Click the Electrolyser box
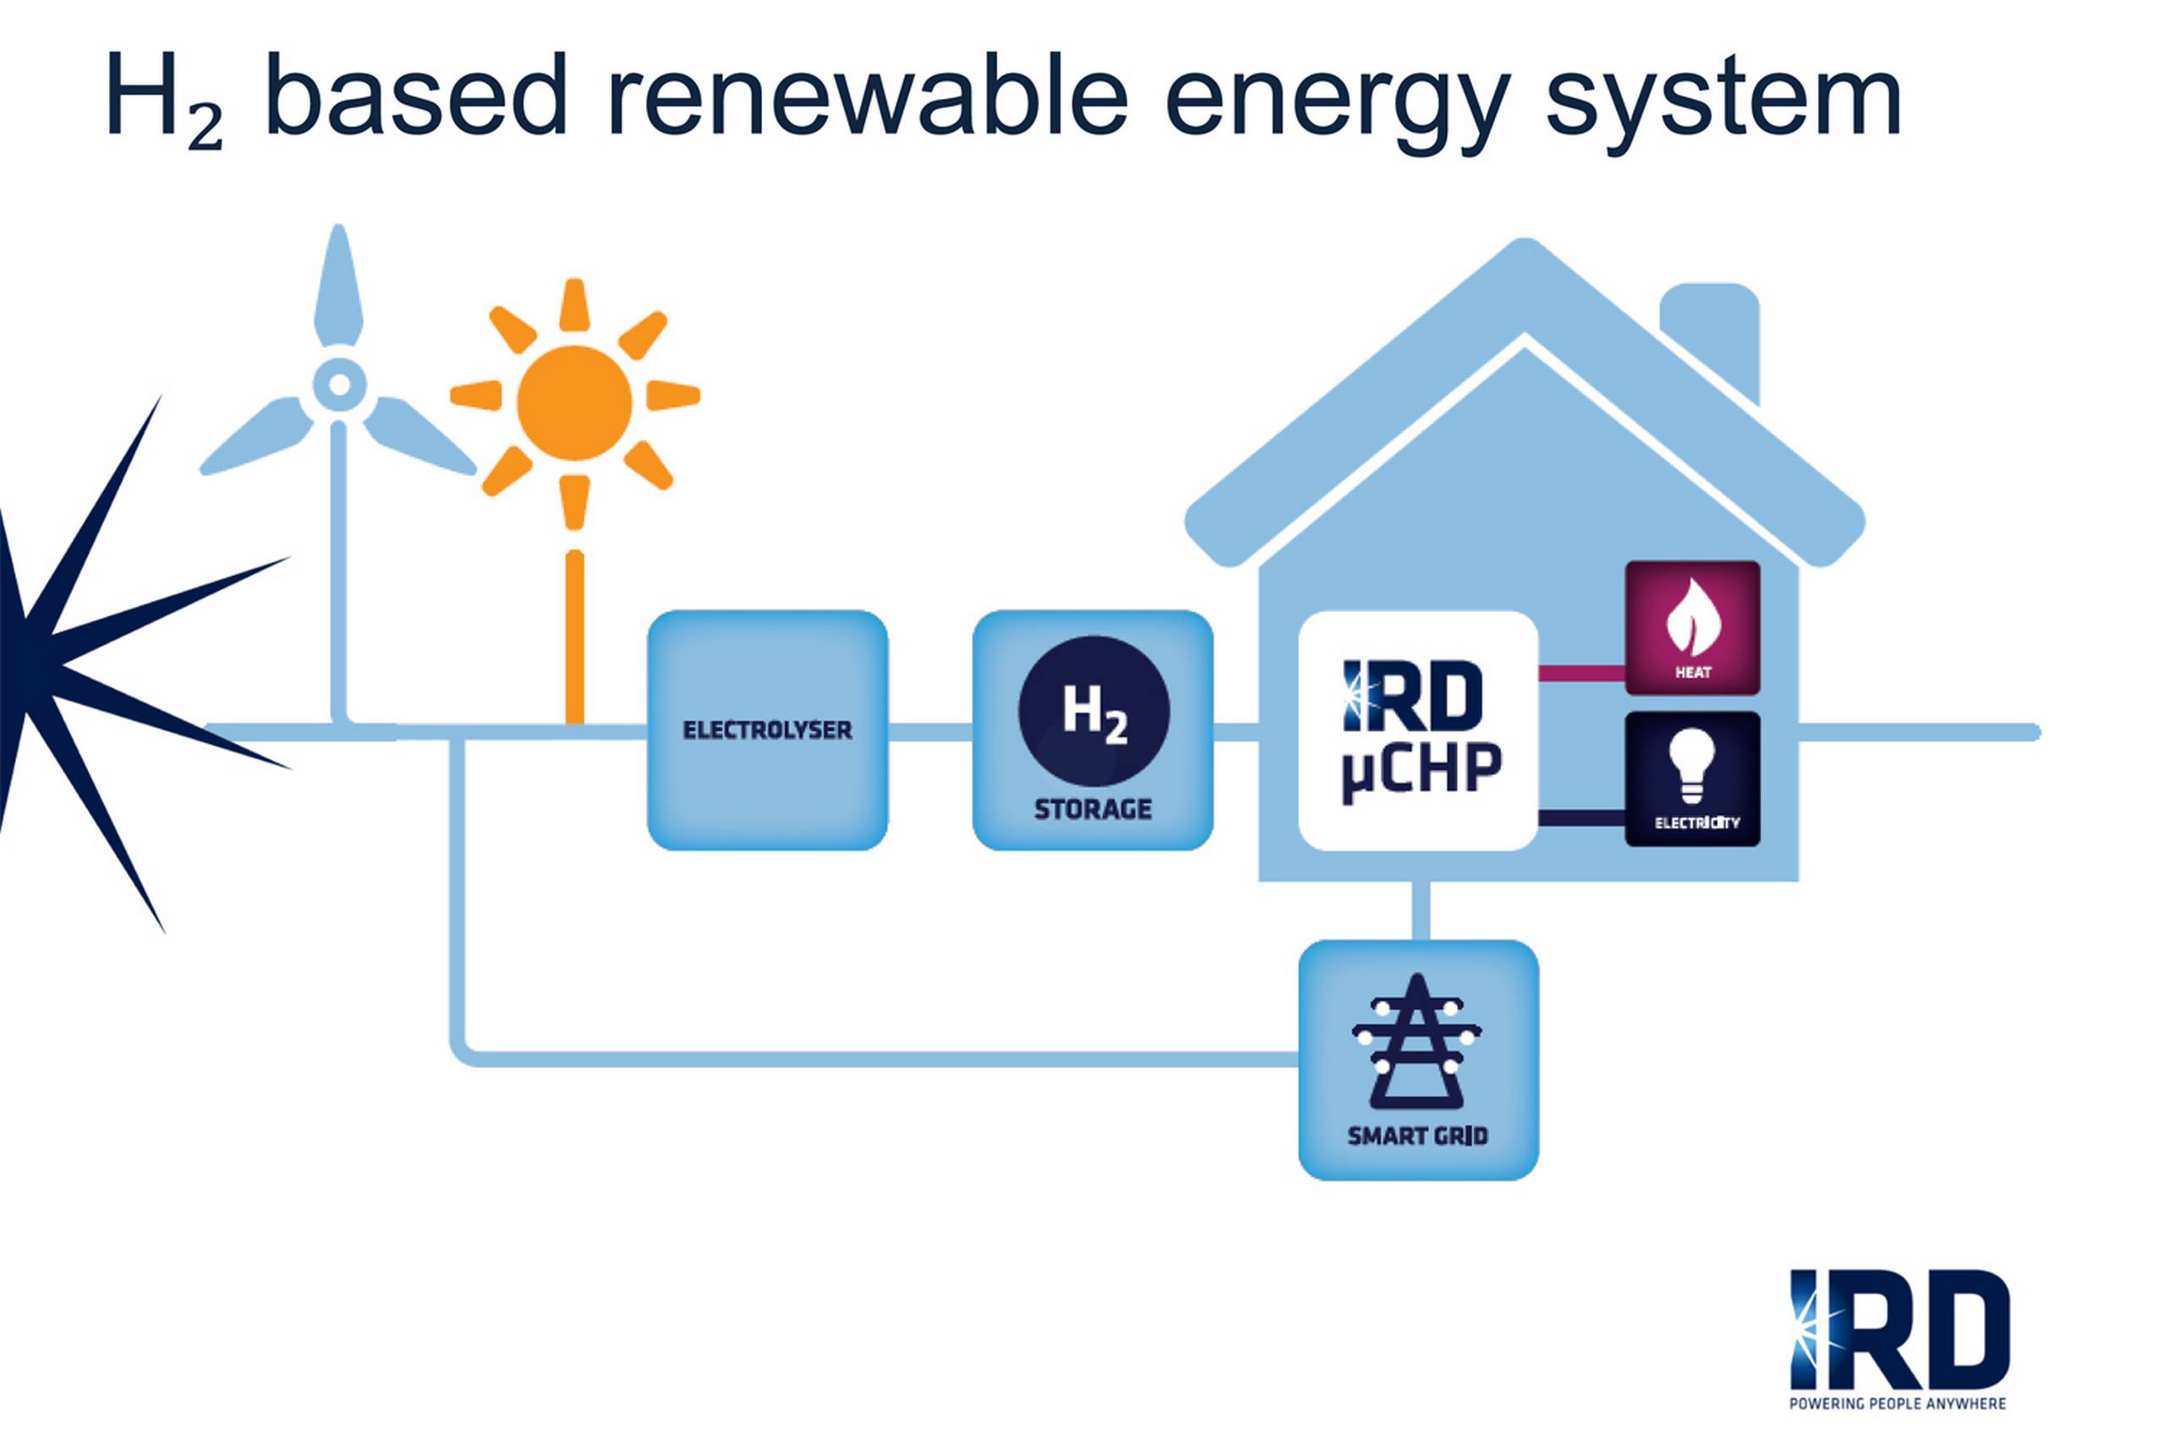click(767, 729)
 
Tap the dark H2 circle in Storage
click(1093, 709)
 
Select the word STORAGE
click(1093, 809)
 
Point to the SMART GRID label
click(1417, 1135)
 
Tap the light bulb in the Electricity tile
click(1692, 765)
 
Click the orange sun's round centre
click(574, 402)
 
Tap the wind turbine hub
click(339, 384)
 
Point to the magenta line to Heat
click(1581, 673)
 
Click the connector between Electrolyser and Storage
click(929, 731)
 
